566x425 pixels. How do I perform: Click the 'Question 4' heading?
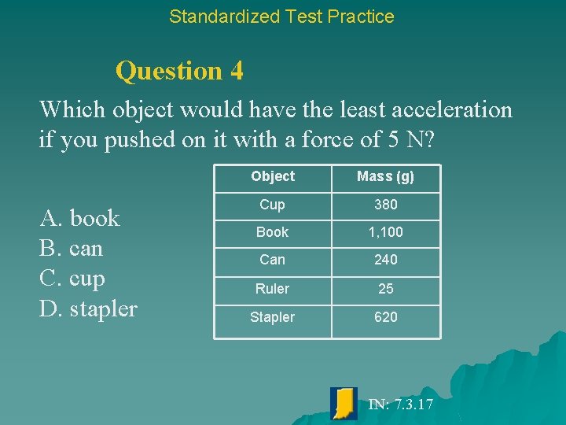pyautogui.click(x=179, y=71)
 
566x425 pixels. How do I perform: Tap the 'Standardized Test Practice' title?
pyautogui.click(x=281, y=16)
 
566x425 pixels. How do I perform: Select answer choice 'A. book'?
pyautogui.click(x=79, y=218)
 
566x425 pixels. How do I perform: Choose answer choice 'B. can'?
pyautogui.click(x=71, y=249)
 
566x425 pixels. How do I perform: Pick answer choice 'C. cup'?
pyautogui.click(x=72, y=279)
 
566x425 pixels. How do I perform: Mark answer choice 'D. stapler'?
pyautogui.click(x=88, y=309)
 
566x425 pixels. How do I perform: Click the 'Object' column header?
pyautogui.click(x=273, y=176)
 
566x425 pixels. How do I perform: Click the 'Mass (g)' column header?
pyautogui.click(x=385, y=176)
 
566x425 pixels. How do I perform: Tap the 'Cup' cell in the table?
pyautogui.click(x=272, y=205)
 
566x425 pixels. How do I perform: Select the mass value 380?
pyautogui.click(x=385, y=205)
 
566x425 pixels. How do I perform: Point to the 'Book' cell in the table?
pyautogui.click(x=272, y=232)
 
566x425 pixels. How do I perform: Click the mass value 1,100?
pyautogui.click(x=385, y=232)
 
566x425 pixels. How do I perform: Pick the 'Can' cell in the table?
pyautogui.click(x=272, y=260)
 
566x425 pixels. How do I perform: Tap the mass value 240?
pyautogui.click(x=385, y=260)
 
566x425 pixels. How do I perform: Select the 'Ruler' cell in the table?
pyautogui.click(x=272, y=289)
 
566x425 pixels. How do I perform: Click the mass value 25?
pyautogui.click(x=385, y=289)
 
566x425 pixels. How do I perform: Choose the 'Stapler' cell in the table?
pyautogui.click(x=272, y=317)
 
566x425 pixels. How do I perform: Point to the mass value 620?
pyautogui.click(x=385, y=317)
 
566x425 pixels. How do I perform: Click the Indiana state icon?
pyautogui.click(x=344, y=403)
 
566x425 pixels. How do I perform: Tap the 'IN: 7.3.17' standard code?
pyautogui.click(x=401, y=405)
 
